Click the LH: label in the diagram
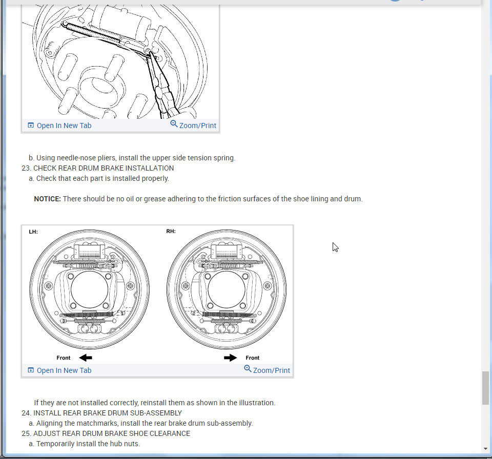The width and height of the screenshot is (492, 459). point(33,232)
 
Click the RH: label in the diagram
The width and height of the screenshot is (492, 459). point(171,232)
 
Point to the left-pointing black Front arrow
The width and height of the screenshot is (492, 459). point(85,358)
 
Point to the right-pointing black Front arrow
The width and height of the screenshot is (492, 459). point(231,358)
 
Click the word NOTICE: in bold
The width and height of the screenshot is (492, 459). point(47,199)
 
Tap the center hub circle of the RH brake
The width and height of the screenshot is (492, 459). point(227,289)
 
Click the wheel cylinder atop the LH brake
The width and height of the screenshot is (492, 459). point(90,252)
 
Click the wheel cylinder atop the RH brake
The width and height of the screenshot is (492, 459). point(227,252)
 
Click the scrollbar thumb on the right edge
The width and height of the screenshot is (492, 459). point(485,388)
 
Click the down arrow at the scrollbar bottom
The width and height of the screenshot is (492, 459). point(485,449)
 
